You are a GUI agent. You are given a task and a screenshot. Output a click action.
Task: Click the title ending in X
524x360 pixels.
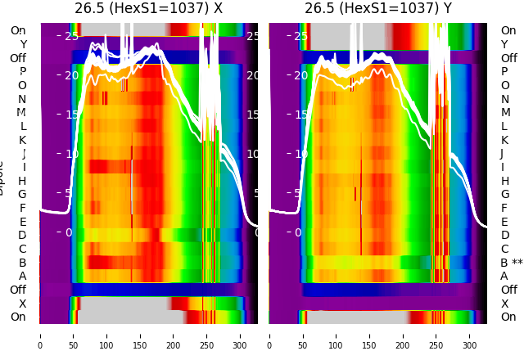coord(148,9)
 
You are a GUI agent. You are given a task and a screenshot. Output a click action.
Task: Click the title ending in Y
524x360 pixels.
coord(377,9)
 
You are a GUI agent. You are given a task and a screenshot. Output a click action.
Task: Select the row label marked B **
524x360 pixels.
coord(511,263)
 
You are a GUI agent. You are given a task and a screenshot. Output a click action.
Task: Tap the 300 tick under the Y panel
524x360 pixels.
coord(470,334)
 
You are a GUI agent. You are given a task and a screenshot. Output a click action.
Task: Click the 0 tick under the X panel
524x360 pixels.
coord(39,334)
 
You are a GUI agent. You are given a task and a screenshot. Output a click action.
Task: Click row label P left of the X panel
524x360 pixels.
coord(22,72)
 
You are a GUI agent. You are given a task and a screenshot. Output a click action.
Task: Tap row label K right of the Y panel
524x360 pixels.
coord(504,140)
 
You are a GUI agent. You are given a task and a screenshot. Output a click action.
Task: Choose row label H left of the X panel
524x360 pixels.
coord(22,181)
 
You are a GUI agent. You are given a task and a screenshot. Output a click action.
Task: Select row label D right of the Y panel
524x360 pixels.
coord(504,236)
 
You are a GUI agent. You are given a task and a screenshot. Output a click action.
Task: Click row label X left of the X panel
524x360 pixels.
coord(22,304)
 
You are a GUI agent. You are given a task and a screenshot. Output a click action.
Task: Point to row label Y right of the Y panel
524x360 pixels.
coord(504,44)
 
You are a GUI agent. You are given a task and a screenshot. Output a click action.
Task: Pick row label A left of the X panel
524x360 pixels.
coord(22,277)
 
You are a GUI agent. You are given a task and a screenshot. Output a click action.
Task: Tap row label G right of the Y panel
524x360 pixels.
coord(504,195)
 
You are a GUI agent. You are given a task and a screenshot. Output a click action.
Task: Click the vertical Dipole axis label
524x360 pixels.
coord(2,177)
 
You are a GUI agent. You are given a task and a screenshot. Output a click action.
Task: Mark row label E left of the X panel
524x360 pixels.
coord(22,222)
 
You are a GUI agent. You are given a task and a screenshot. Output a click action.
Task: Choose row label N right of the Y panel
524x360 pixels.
coord(504,99)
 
